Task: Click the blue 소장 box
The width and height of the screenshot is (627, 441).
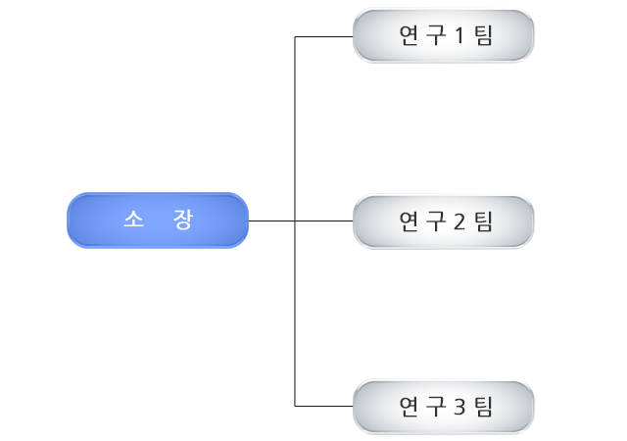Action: click(x=157, y=220)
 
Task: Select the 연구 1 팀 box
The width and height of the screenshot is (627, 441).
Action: click(x=443, y=35)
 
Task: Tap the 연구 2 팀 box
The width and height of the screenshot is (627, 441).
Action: click(x=443, y=220)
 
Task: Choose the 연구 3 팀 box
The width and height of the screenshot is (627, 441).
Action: click(x=443, y=406)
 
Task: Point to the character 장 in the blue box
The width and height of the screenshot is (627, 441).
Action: click(x=181, y=220)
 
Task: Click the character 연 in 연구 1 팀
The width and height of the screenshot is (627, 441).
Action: click(x=410, y=36)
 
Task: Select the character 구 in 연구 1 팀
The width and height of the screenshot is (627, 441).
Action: click(x=435, y=36)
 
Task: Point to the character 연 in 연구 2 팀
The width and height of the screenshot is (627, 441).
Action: click(x=410, y=221)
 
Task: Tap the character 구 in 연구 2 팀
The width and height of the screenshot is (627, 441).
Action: click(x=435, y=221)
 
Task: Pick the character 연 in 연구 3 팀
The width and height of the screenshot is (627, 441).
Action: click(x=410, y=407)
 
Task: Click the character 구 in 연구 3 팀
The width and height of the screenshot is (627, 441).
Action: click(x=435, y=407)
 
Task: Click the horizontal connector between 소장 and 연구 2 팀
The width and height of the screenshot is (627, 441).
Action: click(x=323, y=221)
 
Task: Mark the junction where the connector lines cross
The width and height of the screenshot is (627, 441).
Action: click(x=295, y=221)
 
